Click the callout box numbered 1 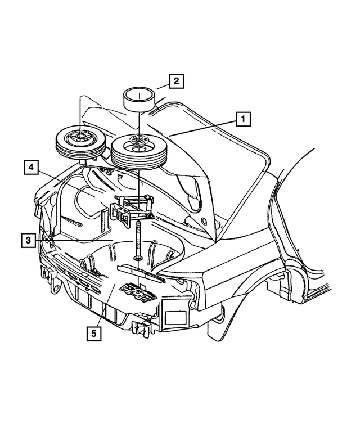243,119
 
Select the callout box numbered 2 176,82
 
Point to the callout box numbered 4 31,167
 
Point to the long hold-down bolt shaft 137,236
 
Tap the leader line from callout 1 202,127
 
